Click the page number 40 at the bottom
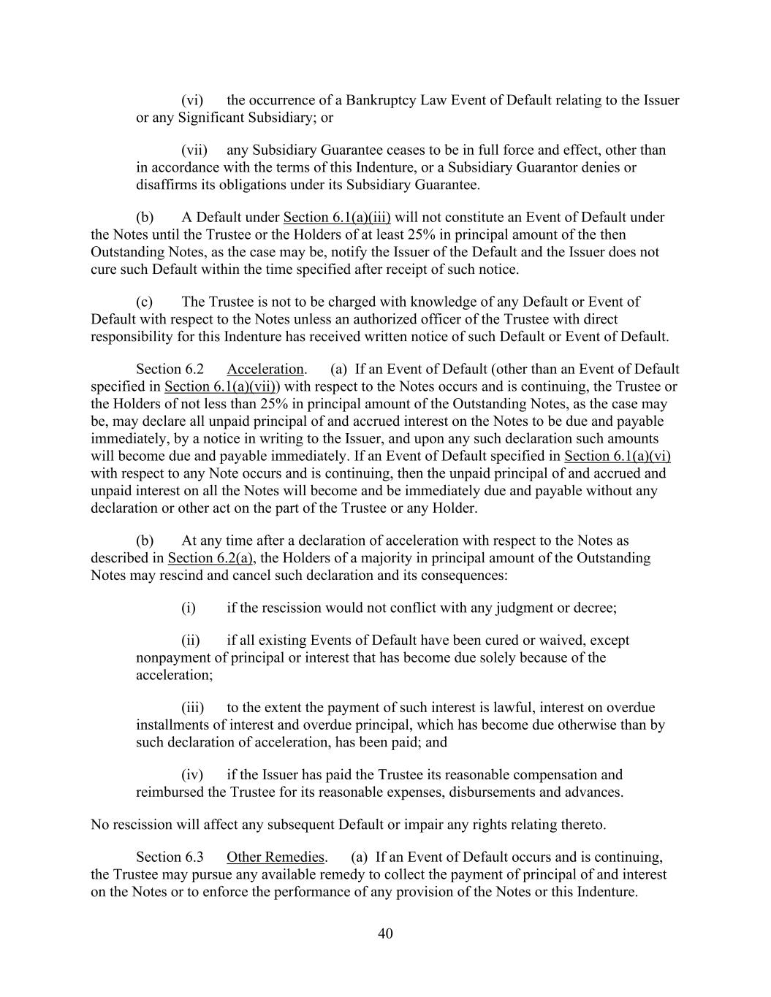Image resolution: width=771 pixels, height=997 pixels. tap(385, 933)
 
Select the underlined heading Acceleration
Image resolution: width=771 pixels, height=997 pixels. tap(265, 369)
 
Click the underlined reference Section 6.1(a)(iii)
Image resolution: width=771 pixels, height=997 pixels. tap(337, 217)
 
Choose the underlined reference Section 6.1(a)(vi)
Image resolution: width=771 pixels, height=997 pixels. tap(618, 457)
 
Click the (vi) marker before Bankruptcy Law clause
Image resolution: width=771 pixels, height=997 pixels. tap(192, 100)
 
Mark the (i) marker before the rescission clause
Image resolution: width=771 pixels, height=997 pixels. tap(189, 608)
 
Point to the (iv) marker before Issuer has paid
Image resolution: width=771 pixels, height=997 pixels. tap(192, 775)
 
